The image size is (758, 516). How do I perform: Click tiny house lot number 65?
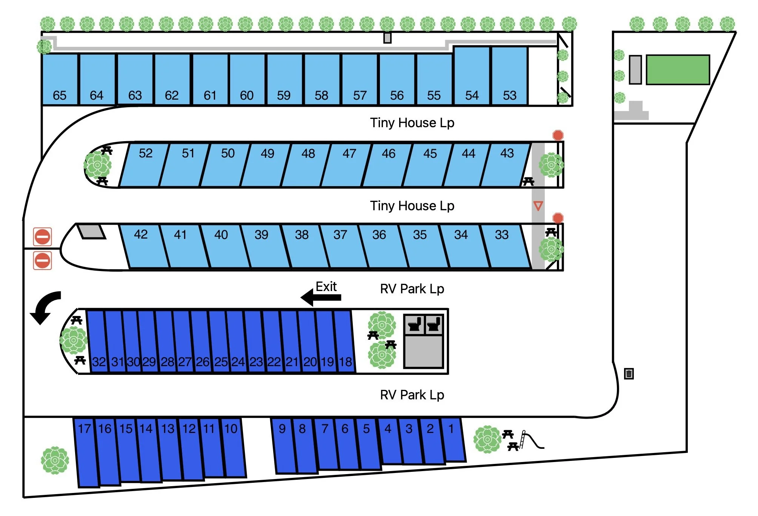point(60,79)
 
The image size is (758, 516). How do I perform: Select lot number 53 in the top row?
point(509,77)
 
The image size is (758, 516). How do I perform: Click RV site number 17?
point(86,453)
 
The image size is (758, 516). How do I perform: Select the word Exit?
point(326,287)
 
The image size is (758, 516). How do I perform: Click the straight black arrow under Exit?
point(321,297)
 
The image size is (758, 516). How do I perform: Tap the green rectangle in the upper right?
point(678,70)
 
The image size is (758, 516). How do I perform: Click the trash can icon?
point(629,374)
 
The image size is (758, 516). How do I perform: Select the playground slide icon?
point(530,440)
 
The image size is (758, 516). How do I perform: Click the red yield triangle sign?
point(538,206)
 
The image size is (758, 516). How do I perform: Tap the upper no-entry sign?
point(42,237)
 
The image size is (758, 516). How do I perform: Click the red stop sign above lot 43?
point(558,135)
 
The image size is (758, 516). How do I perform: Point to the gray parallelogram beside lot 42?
point(91,231)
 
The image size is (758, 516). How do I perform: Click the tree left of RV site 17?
point(55,460)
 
